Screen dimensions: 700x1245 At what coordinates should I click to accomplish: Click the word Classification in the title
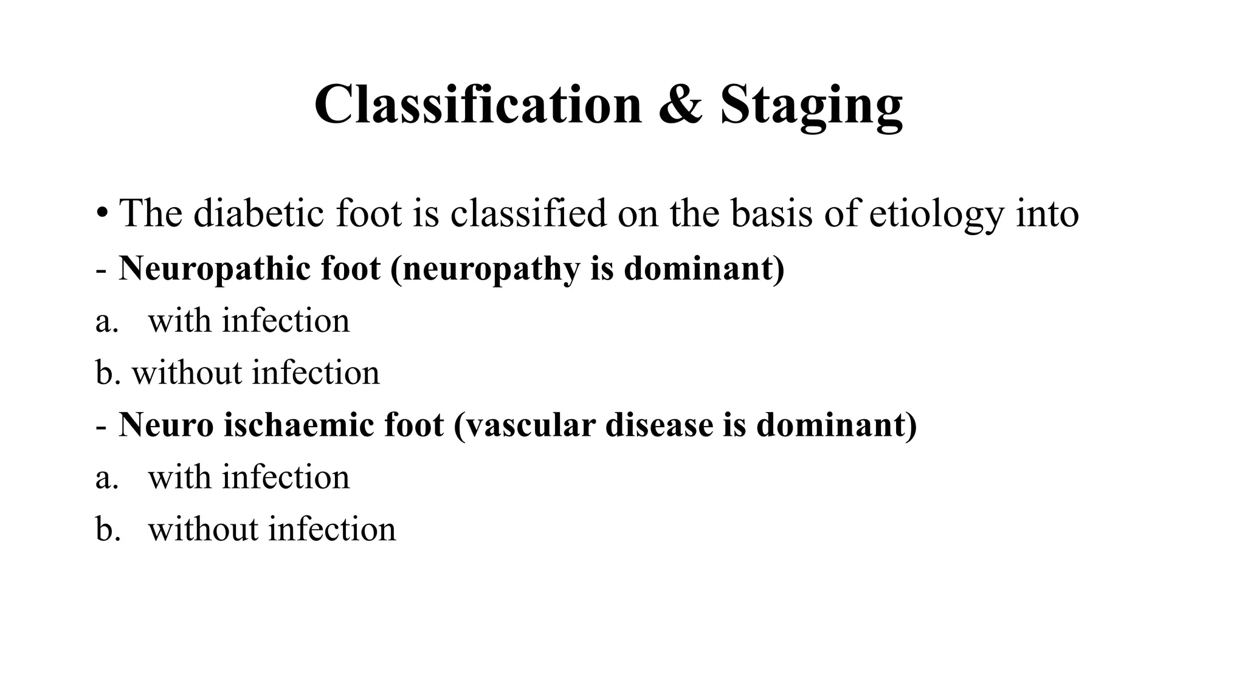click(478, 105)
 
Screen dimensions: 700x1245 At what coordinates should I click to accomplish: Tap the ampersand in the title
click(681, 105)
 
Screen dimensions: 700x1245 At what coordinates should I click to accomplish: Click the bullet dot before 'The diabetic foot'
click(102, 214)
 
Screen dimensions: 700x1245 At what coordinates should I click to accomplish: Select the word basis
click(771, 213)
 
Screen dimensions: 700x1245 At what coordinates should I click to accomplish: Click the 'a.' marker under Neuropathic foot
click(106, 321)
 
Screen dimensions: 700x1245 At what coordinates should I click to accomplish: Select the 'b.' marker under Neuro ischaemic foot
click(108, 529)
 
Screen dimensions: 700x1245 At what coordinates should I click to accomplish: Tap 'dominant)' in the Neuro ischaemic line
click(836, 424)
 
